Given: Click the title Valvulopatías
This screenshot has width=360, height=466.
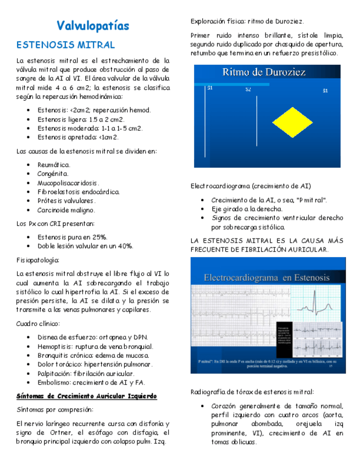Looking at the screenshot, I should coord(93,26).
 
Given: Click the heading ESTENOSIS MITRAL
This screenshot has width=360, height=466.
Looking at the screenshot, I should coord(65,45).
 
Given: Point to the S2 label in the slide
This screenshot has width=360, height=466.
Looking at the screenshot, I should coord(248,90).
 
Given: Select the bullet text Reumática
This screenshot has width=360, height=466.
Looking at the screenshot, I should coord(54,164).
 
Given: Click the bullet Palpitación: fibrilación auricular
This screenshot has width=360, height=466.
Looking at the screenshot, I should coord(86,373).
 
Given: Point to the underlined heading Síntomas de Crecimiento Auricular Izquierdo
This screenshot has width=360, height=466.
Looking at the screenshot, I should coord(86,396).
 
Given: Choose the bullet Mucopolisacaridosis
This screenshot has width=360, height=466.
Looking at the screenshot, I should coord(68,182).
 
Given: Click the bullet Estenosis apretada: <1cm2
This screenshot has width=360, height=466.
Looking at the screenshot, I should coord(77,137).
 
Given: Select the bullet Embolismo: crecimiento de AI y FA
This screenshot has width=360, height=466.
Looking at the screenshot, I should coord(91,382).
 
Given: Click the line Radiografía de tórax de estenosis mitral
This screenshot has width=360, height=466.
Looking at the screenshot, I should coord(252,392).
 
